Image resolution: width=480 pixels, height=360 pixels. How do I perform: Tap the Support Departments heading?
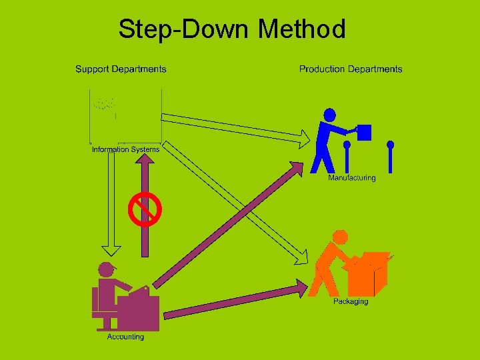(x=121, y=69)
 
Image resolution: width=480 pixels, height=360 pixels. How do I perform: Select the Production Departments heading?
(x=351, y=69)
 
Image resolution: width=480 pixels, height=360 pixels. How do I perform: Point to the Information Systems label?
(x=125, y=149)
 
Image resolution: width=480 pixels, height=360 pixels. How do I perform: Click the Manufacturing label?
(x=351, y=178)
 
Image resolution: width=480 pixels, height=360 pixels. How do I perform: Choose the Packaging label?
(x=351, y=302)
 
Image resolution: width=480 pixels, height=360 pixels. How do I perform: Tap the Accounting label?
(x=125, y=337)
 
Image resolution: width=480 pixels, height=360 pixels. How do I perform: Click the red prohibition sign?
(x=145, y=209)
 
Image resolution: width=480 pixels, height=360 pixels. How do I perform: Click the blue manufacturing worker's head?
(x=329, y=115)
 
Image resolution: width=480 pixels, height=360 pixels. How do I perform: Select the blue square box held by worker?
(x=364, y=132)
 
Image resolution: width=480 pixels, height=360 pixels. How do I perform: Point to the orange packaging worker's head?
(x=340, y=237)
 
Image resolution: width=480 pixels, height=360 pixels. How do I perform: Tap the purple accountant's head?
(x=106, y=270)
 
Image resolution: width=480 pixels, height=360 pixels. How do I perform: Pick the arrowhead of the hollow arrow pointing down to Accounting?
(x=111, y=249)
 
